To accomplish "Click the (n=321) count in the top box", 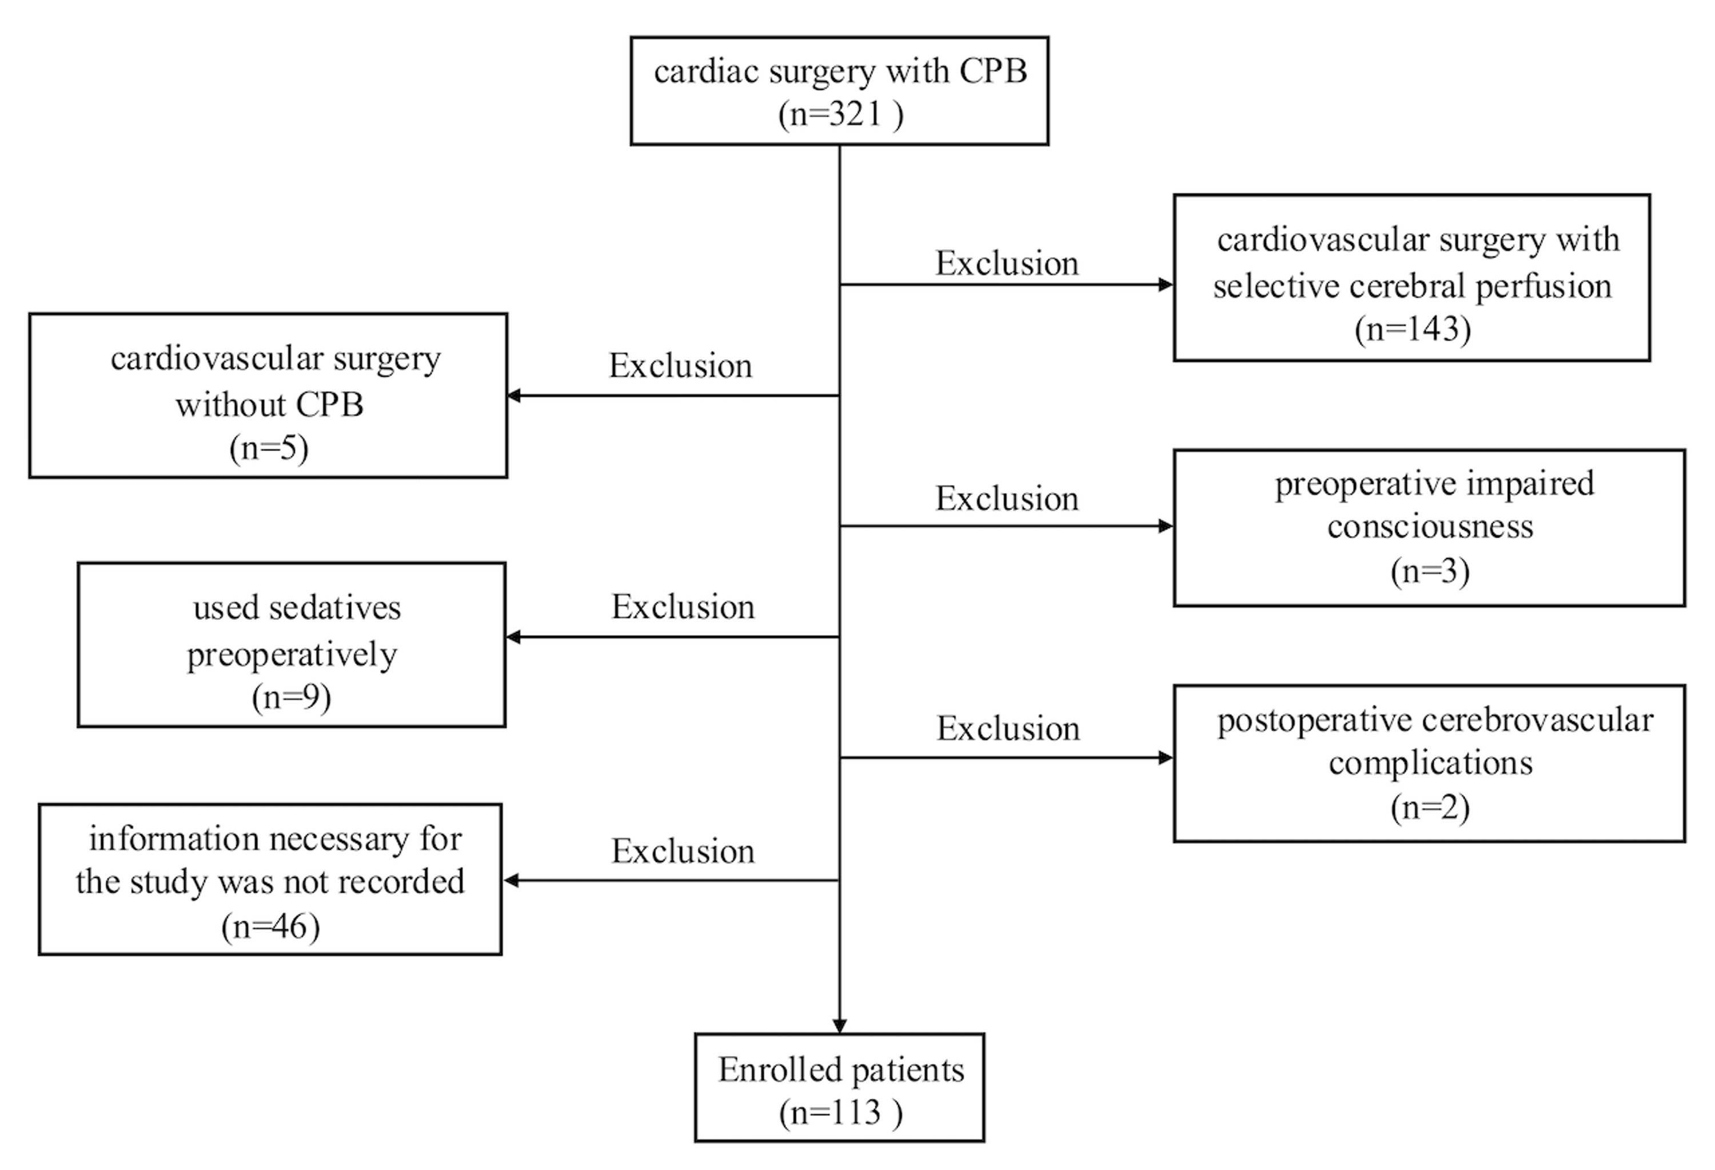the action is pyautogui.click(x=840, y=114).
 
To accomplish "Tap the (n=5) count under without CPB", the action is pyautogui.click(x=269, y=448).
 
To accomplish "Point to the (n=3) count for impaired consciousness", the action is pyautogui.click(x=1430, y=571).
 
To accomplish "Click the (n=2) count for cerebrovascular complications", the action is pyautogui.click(x=1430, y=807).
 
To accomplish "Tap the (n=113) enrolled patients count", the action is pyautogui.click(x=840, y=1112).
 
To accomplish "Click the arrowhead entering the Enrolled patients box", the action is pyautogui.click(x=840, y=1026).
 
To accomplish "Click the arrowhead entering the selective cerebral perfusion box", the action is pyautogui.click(x=1166, y=285).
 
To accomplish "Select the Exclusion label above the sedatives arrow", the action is pyautogui.click(x=683, y=607).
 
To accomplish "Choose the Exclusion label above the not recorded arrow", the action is pyautogui.click(x=683, y=851).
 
